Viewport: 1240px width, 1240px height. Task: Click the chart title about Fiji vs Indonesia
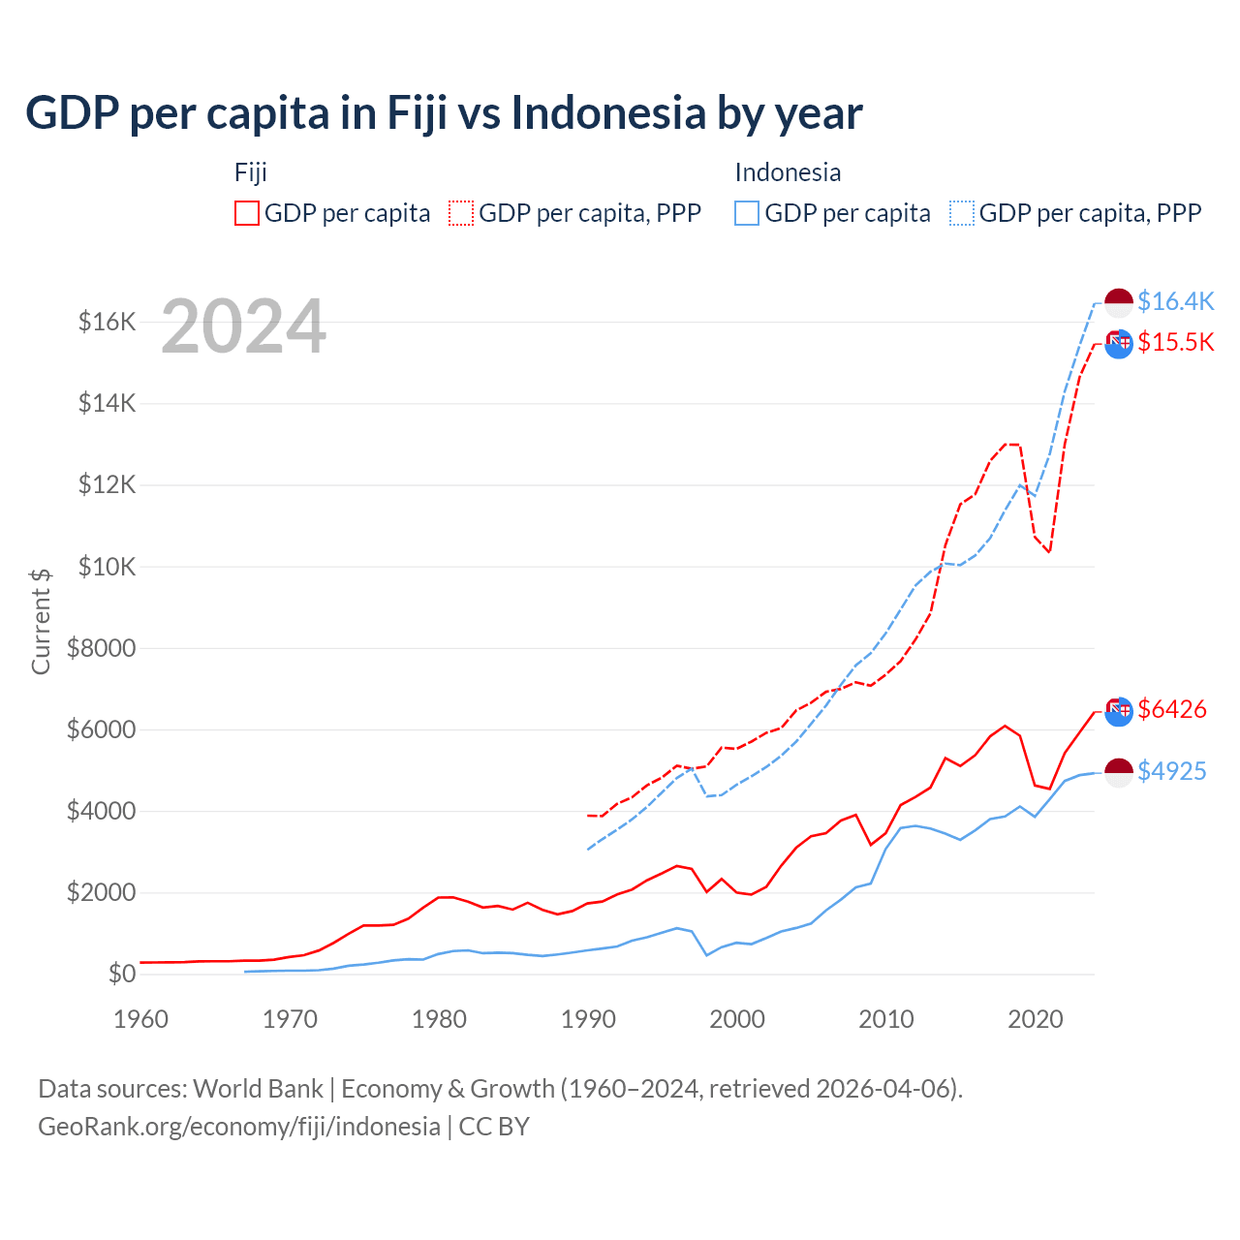pyautogui.click(x=444, y=112)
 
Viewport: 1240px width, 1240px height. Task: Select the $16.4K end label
pyautogui.click(x=1175, y=301)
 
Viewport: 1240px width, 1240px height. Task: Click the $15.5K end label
pyautogui.click(x=1175, y=342)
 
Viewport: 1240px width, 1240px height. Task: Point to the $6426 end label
pyautogui.click(x=1172, y=709)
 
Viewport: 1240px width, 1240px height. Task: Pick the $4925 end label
pyautogui.click(x=1172, y=771)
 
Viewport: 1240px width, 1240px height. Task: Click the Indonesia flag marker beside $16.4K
pyautogui.click(x=1119, y=302)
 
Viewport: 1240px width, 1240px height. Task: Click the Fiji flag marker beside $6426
pyautogui.click(x=1119, y=710)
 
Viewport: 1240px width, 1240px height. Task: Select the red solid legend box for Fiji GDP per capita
pyautogui.click(x=247, y=213)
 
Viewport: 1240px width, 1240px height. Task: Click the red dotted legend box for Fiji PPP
pyautogui.click(x=461, y=213)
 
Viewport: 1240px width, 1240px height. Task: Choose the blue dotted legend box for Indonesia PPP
pyautogui.click(x=962, y=213)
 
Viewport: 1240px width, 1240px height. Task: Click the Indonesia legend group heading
pyautogui.click(x=788, y=172)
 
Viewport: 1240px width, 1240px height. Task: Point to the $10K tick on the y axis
pyautogui.click(x=107, y=567)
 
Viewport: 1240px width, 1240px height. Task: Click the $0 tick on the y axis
pyautogui.click(x=121, y=974)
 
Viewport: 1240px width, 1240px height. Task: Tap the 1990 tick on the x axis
pyautogui.click(x=588, y=1019)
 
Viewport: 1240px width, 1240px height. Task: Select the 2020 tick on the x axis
pyautogui.click(x=1036, y=1019)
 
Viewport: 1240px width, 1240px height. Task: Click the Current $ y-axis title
pyautogui.click(x=41, y=621)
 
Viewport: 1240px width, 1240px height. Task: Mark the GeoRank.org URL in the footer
pyautogui.click(x=239, y=1127)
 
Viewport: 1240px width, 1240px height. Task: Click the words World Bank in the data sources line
pyautogui.click(x=258, y=1089)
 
